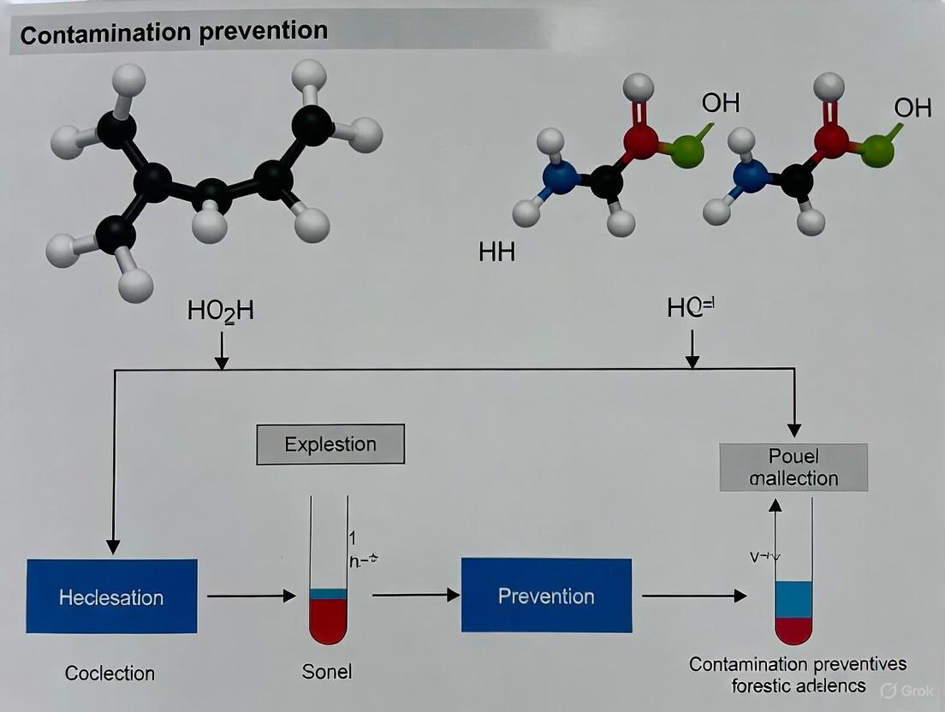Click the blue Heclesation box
pos(111,596)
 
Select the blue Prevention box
pos(546,596)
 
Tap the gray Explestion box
pos(330,445)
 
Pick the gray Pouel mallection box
pos(793,467)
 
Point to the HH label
pos(496,253)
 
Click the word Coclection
pos(110,673)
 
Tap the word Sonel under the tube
pos(327,672)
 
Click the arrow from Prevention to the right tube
pos(693,596)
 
